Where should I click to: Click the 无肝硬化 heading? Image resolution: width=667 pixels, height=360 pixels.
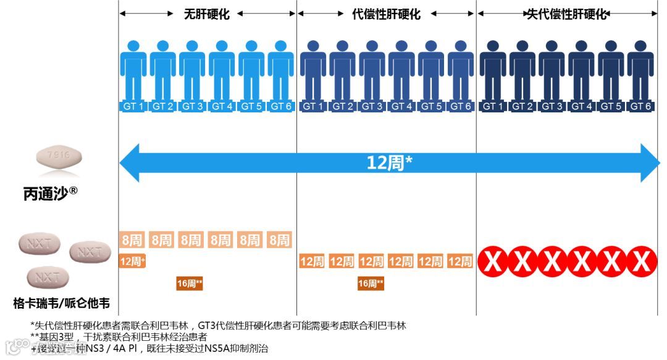coord(206,14)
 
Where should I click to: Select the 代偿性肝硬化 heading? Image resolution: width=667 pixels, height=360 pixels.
coord(386,14)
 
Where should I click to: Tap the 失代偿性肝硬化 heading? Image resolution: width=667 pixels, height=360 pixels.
coord(566,14)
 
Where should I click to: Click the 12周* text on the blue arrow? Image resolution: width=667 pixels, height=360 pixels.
coord(389,163)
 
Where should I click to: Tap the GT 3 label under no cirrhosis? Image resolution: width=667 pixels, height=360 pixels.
coord(192,106)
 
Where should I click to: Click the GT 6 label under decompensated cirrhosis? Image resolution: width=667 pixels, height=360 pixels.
coord(640,106)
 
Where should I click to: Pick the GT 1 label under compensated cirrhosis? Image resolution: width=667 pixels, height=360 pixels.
coord(313,106)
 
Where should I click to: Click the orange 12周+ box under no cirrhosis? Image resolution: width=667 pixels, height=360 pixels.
coord(132,261)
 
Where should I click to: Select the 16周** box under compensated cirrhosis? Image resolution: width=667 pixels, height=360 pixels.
coord(371,283)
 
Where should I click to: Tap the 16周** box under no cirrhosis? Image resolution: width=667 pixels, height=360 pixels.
coord(190,283)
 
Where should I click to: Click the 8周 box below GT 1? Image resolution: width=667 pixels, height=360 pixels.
coord(132,240)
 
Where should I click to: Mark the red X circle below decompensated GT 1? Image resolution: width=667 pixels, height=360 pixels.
coord(493,262)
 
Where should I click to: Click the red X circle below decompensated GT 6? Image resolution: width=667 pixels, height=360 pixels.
coord(641,262)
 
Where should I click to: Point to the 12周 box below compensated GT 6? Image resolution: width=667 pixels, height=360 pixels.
coord(460,262)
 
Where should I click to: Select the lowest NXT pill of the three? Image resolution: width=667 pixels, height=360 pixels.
coord(48,277)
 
